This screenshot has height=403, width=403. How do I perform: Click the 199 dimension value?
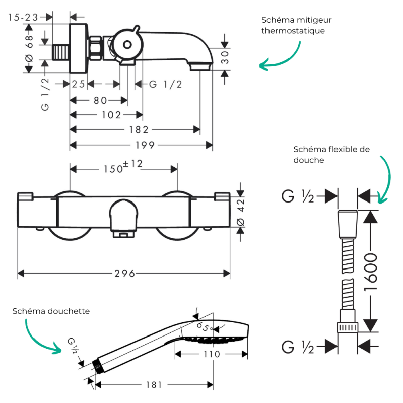coord(145,145)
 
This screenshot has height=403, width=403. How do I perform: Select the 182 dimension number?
coord(139,130)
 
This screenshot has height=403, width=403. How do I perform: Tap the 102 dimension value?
coord(111,115)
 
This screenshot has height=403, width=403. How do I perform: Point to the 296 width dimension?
coord(124,273)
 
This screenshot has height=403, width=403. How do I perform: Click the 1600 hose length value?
coord(371,272)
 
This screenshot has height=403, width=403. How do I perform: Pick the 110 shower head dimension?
coord(212,354)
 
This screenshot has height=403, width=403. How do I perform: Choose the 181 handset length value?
coord(154,385)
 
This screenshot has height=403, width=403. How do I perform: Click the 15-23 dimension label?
coord(23,18)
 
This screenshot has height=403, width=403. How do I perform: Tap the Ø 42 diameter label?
coord(241,213)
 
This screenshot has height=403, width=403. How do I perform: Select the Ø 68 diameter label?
coord(29,49)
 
